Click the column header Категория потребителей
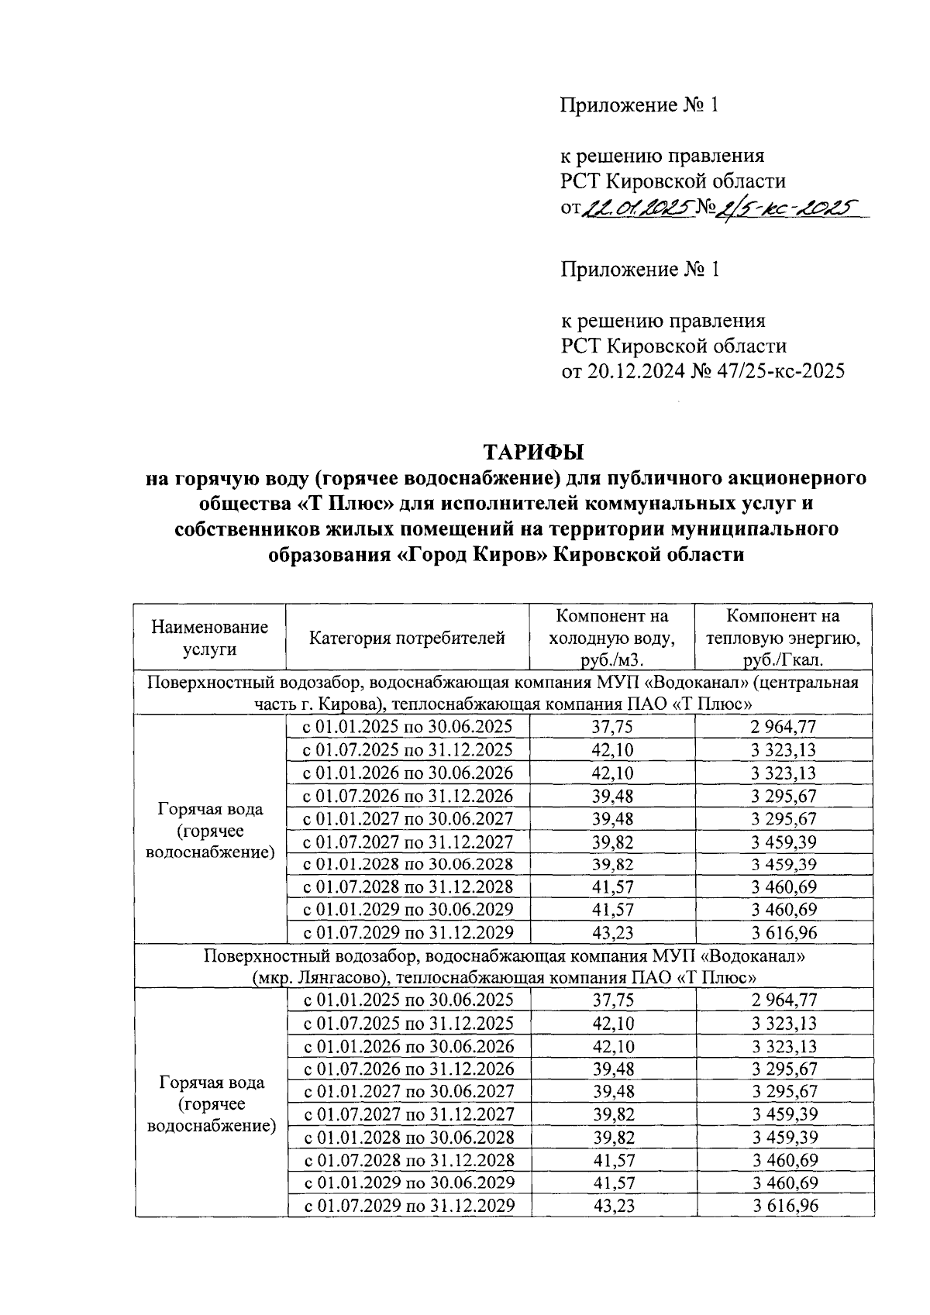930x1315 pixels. click(408, 638)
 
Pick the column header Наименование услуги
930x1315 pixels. click(209, 638)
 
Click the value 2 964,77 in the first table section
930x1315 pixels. click(784, 727)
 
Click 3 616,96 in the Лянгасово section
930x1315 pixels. click(784, 1206)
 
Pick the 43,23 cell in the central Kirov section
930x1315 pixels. click(611, 932)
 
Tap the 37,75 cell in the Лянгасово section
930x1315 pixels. click(611, 1000)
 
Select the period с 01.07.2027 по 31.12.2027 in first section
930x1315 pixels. click(408, 842)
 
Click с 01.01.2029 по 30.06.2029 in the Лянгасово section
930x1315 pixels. click(408, 1182)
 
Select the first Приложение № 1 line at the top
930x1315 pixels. click(640, 105)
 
